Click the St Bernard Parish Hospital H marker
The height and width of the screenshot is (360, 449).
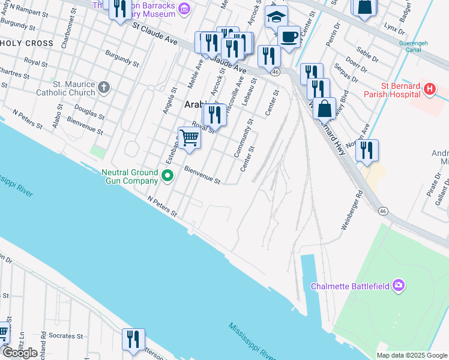[x=429, y=90]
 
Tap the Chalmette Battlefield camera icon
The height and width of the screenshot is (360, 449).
[x=398, y=286]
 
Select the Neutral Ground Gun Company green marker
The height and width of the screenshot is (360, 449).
[x=168, y=176]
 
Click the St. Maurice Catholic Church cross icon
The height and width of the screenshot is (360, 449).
[x=104, y=88]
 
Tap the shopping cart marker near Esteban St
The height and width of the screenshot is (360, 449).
[x=189, y=138]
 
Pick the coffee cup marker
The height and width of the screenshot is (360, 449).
[x=289, y=37]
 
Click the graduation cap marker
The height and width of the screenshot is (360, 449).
[x=276, y=17]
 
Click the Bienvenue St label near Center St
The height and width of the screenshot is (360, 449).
[x=202, y=175]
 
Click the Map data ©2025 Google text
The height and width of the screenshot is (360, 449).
[x=411, y=355]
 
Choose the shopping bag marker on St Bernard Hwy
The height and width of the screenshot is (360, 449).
[x=324, y=109]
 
